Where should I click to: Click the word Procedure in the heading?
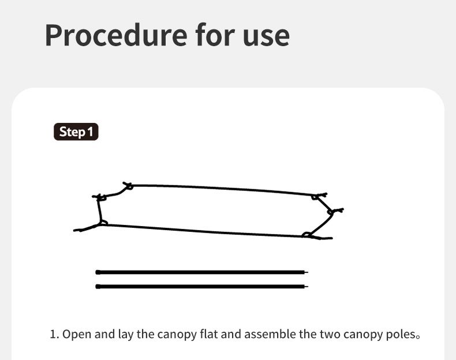tap(116, 35)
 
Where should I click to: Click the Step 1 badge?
tap(76, 132)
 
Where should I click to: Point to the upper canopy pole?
tap(202, 272)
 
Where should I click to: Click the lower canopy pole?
tap(202, 287)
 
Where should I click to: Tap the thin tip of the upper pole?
tap(306, 272)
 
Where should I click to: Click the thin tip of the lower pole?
tap(306, 287)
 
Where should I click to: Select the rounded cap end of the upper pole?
tap(98, 272)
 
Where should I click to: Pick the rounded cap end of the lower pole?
tap(98, 287)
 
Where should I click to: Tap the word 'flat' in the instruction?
tap(209, 334)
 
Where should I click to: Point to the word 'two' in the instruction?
tap(330, 335)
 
